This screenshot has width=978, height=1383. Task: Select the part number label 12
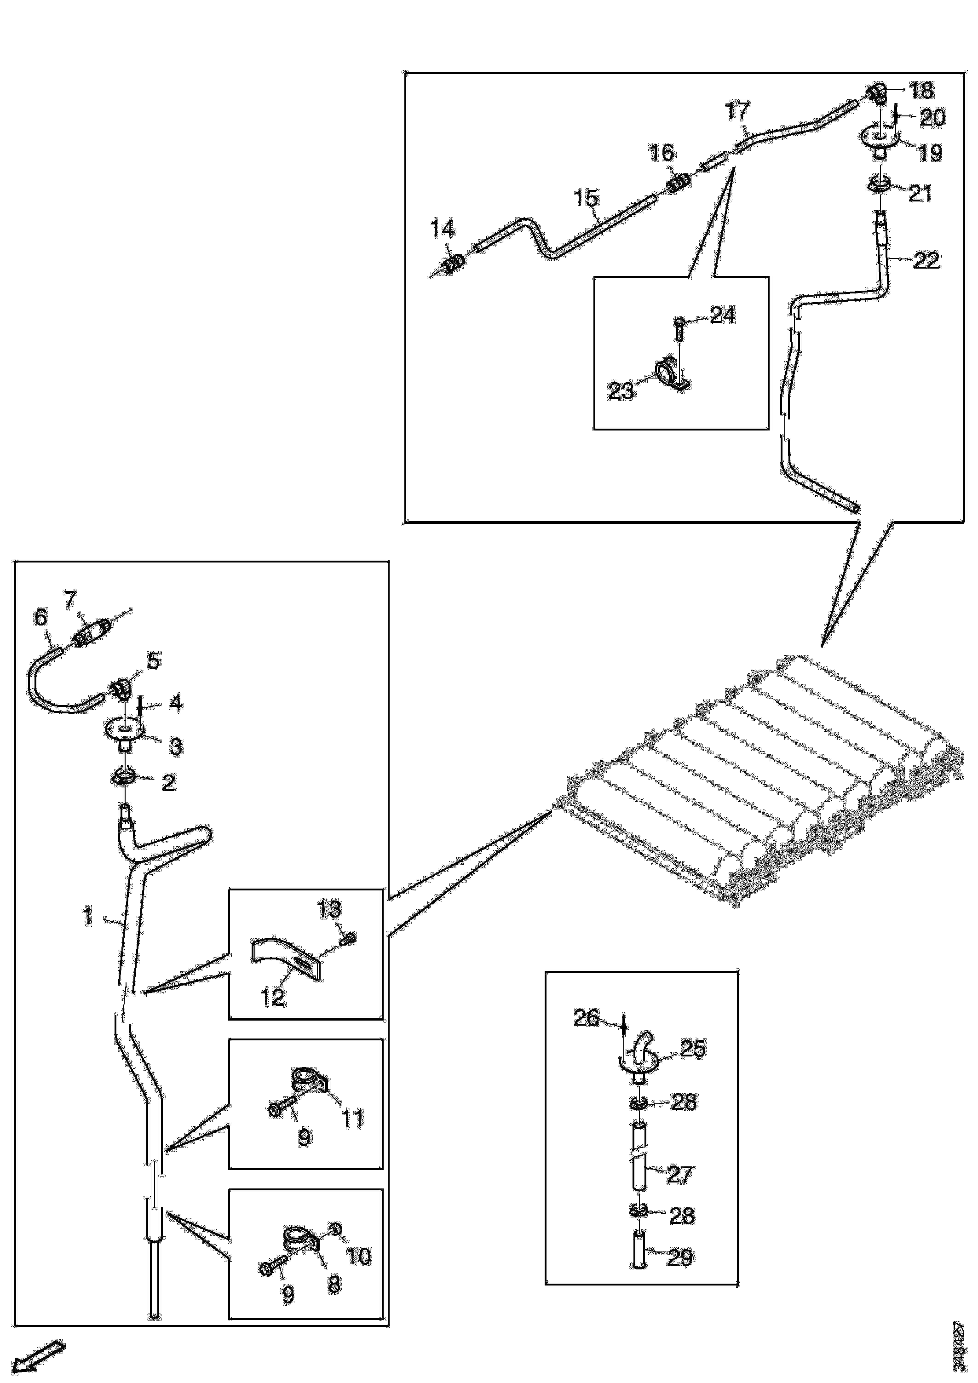click(x=272, y=998)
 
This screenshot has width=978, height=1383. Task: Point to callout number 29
click(x=680, y=1257)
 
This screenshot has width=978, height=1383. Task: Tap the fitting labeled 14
click(x=454, y=263)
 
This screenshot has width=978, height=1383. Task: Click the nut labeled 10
click(x=337, y=1228)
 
